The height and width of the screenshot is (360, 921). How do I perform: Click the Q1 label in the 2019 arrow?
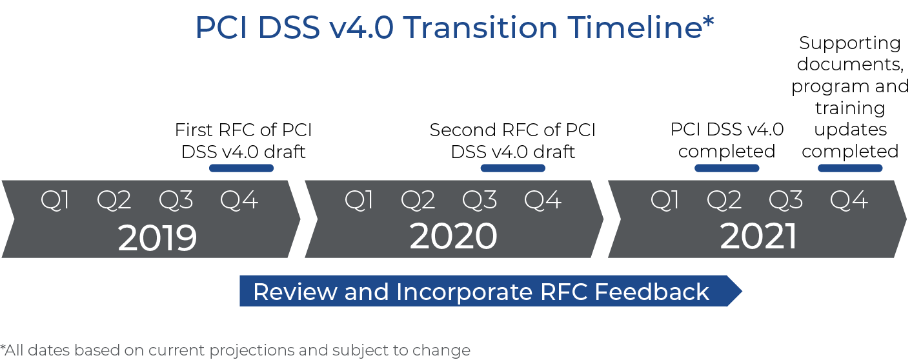[x=55, y=201]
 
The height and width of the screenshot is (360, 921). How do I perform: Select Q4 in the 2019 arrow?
[x=239, y=201]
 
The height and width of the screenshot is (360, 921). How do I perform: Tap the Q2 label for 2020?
[x=418, y=201]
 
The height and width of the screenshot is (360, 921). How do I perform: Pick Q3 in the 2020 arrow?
[x=480, y=201]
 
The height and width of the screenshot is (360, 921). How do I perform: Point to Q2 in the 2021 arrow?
[x=724, y=201]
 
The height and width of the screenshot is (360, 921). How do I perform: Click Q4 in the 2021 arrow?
[x=849, y=201]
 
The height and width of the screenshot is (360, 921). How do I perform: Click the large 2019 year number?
[x=157, y=237]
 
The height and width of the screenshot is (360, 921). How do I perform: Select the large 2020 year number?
[x=453, y=236]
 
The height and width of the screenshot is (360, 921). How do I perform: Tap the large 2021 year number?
[x=758, y=236]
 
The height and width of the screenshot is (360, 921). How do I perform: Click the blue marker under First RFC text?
[x=241, y=168]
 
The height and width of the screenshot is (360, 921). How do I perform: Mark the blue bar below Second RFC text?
[x=512, y=168]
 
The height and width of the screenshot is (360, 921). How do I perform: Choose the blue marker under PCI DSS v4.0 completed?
[x=727, y=168]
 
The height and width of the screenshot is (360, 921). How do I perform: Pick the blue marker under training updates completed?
[x=850, y=168]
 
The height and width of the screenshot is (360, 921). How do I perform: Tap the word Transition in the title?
[x=480, y=28]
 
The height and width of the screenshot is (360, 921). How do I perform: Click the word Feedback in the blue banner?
[x=652, y=292]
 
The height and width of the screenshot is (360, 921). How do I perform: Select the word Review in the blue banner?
[x=295, y=292]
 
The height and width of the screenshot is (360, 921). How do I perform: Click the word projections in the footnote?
[x=252, y=350]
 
